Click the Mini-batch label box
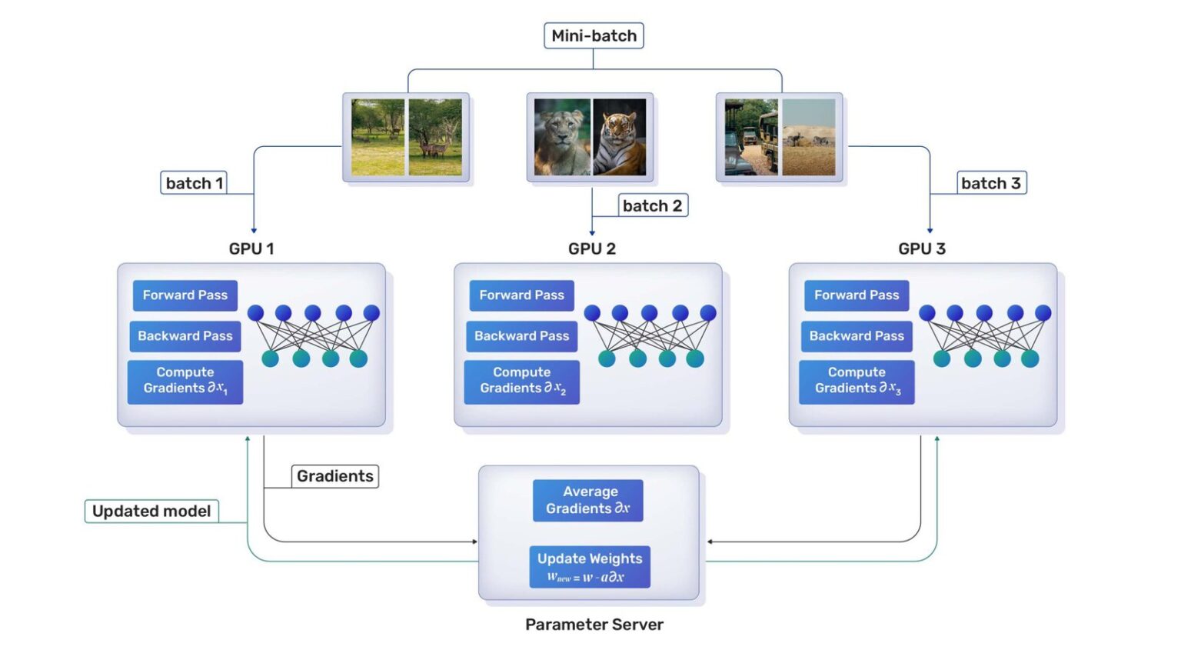tap(594, 36)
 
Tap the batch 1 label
tap(194, 183)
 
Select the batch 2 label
tap(652, 205)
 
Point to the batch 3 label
tap(990, 183)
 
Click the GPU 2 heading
tap(591, 248)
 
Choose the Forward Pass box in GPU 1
tap(185, 295)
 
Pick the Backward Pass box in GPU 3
tap(856, 336)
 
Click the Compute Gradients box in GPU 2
tap(521, 381)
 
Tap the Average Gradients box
tap(588, 500)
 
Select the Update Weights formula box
tap(589, 567)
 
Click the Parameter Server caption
tap(594, 625)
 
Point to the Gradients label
tap(334, 476)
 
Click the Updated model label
tap(151, 512)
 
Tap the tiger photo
tap(620, 137)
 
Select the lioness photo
tap(562, 137)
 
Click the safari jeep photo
tap(750, 137)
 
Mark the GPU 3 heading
tap(921, 248)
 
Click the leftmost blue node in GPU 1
tap(256, 313)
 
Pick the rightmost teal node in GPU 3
tap(1030, 358)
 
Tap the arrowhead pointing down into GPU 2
tap(591, 232)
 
